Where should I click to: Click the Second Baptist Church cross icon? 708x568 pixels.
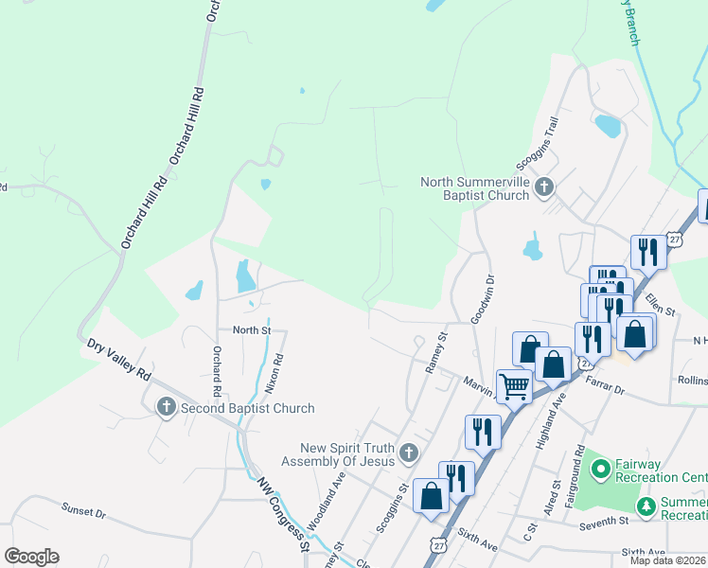[167, 407]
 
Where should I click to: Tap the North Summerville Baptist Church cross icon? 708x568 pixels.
[543, 187]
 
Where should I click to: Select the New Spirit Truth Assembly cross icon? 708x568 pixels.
[408, 453]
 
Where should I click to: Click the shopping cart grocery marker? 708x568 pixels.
[513, 384]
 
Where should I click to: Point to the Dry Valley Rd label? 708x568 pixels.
[118, 360]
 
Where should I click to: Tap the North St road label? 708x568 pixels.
[252, 330]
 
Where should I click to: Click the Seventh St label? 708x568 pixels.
[604, 521]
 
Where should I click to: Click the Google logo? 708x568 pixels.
[31, 557]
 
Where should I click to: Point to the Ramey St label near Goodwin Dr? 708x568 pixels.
[440, 353]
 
